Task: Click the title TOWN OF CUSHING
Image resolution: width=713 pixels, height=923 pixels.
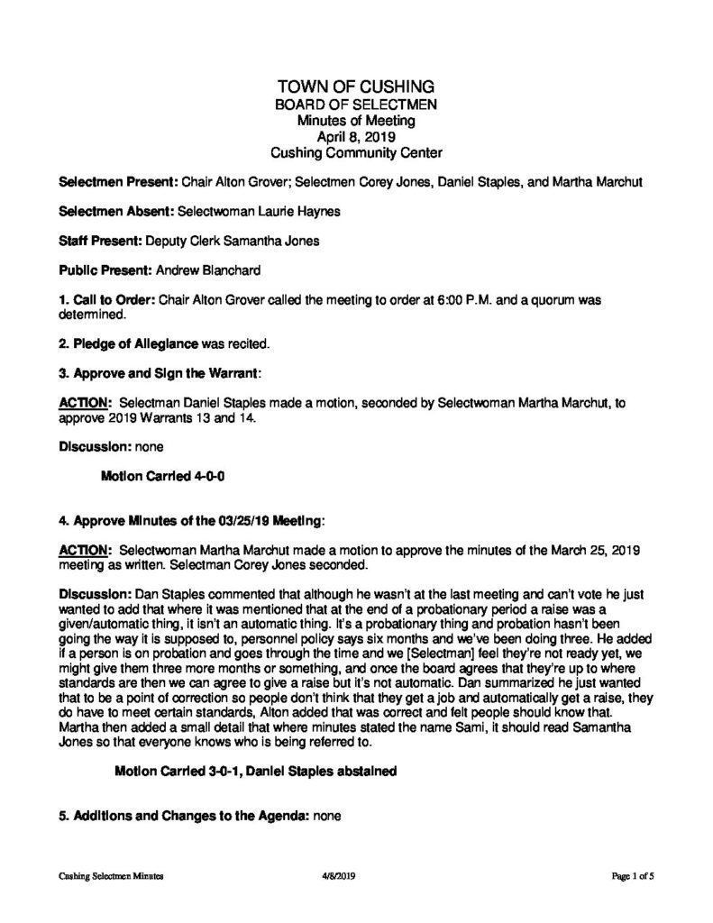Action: tap(356, 87)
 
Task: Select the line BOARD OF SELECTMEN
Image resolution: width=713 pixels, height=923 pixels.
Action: tap(356, 104)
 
